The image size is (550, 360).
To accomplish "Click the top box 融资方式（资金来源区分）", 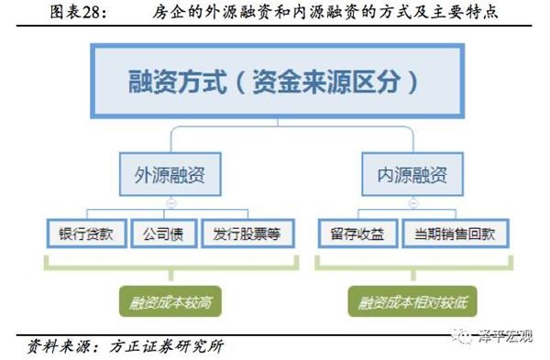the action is point(278,81).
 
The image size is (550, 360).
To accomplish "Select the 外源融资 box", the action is point(170,174).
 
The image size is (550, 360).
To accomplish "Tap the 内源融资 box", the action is point(412,174).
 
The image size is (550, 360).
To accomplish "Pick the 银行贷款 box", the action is point(87,234).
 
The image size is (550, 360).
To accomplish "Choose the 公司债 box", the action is point(164,234).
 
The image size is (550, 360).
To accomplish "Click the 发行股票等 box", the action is point(247,234).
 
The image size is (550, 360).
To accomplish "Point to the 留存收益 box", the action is point(357,234).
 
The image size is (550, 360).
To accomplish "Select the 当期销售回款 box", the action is point(456,234).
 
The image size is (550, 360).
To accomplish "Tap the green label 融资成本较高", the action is point(170,301).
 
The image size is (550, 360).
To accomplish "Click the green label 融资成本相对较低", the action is point(412,301).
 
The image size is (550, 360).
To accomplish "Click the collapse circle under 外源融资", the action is point(170,202).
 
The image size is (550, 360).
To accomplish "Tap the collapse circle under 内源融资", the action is point(413,202).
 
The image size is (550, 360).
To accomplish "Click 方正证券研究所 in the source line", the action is point(166,346).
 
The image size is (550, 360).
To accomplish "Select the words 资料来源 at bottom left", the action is point(59,346).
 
